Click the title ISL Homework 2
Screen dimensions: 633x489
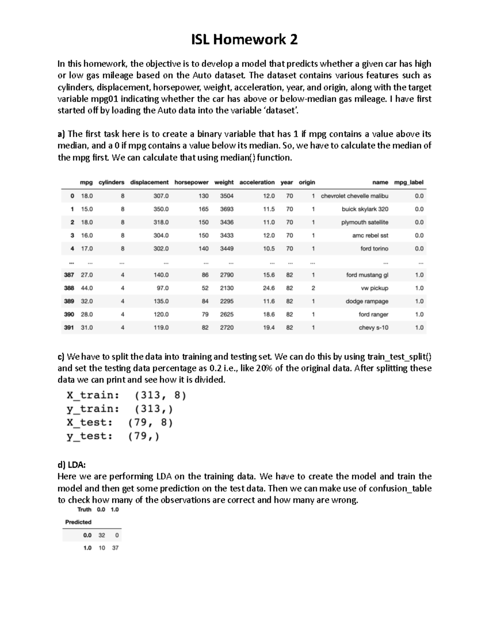tap(244, 40)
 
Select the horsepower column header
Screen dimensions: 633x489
tap(191, 182)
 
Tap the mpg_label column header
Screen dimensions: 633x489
tap(409, 182)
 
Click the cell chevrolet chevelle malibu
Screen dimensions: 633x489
tap(355, 196)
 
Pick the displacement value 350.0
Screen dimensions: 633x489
tap(161, 209)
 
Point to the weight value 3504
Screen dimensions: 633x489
tap(227, 196)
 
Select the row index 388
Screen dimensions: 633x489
tap(69, 288)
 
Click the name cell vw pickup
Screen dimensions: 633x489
tap(374, 288)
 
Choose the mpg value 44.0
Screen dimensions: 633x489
tap(87, 288)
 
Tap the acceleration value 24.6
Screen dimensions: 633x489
tap(269, 288)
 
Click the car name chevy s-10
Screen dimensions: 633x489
tap(373, 328)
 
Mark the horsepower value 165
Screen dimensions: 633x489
tap(203, 209)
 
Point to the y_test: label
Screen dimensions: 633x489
tap(89, 436)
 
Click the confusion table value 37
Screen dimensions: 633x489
tap(115, 548)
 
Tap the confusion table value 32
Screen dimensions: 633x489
tap(101, 536)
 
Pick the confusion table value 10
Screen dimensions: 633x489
tap(101, 548)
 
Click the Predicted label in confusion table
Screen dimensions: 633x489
tap(78, 522)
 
